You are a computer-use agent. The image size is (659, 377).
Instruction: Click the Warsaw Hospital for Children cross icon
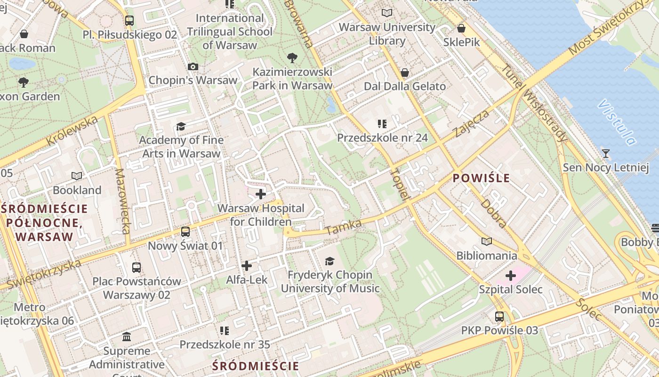coord(260,194)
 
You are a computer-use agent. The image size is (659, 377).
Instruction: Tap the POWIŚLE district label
coord(481,178)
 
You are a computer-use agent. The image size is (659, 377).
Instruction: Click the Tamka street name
coord(343,227)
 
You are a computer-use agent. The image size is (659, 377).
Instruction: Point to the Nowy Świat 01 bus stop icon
coord(185,232)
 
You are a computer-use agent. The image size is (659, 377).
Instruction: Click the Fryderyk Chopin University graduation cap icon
coord(329,261)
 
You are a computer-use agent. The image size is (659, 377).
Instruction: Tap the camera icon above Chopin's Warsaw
coord(193,67)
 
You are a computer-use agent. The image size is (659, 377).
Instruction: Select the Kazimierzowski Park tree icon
coord(292,58)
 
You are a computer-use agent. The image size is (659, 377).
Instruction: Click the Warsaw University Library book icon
coord(387,13)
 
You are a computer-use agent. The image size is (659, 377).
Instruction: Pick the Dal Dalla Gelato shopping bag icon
coord(404,73)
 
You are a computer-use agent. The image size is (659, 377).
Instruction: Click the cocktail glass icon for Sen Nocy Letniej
coord(605,154)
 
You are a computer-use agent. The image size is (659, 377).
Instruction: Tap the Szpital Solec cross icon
coord(511,275)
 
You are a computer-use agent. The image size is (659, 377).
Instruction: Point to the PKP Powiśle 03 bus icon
coord(499,317)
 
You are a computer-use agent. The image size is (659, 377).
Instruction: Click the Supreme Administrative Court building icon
coord(127,337)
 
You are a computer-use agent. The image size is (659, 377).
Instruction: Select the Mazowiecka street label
coord(122,201)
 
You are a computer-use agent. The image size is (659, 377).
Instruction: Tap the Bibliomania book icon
coord(486,242)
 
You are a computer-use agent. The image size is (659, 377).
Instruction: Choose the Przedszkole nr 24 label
coord(382,138)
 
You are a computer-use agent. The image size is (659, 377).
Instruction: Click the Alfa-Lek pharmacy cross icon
coord(246,266)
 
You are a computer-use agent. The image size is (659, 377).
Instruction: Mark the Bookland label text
coord(77,190)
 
